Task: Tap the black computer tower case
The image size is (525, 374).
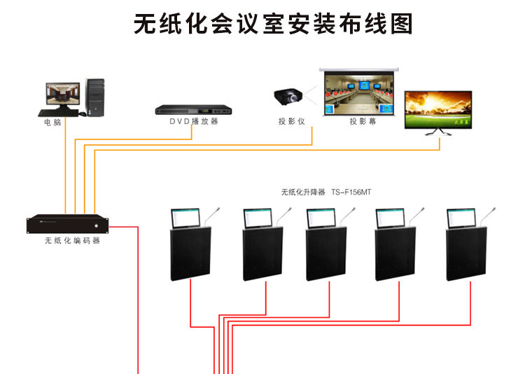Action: click(95, 97)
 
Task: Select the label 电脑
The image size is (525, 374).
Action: click(52, 123)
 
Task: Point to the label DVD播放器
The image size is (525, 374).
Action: click(194, 121)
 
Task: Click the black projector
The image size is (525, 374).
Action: click(290, 96)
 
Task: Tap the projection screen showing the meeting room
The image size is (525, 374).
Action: click(358, 92)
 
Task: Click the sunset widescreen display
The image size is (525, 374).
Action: click(439, 109)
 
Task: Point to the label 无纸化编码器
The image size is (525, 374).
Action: click(72, 240)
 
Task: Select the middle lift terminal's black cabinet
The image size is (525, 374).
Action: click(327, 254)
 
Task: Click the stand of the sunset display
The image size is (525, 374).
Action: click(439, 133)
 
